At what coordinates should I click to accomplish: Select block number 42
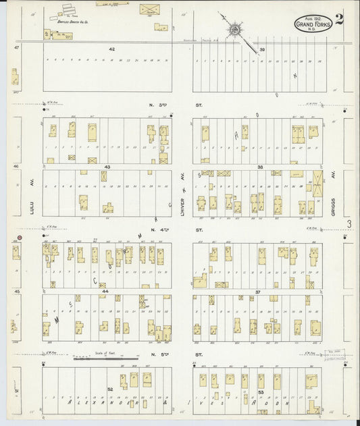point(112,49)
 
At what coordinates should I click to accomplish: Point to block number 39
point(262,49)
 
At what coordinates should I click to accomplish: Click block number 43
point(107,165)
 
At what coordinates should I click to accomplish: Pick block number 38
point(259,165)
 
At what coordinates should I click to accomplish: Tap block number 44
point(106,291)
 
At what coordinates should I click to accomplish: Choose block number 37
point(258,291)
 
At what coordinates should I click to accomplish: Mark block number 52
point(110,390)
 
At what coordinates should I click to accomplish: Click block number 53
point(261,391)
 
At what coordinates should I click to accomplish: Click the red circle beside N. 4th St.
point(20,238)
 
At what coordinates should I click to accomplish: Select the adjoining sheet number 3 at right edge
point(349,223)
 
